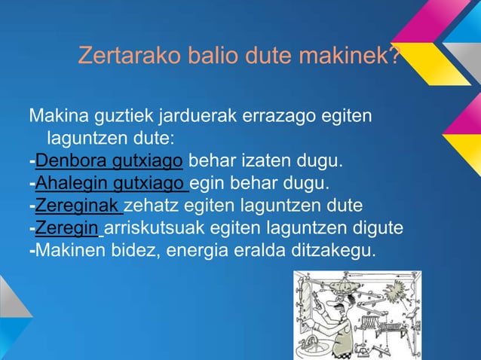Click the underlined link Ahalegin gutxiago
click(x=110, y=183)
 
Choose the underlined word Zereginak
click(x=78, y=206)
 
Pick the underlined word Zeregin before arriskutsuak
click(x=67, y=228)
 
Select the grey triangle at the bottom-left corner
click(x=10, y=297)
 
